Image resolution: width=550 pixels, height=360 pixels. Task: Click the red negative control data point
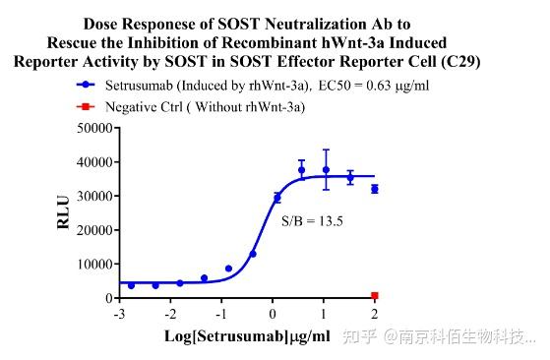pyautogui.click(x=374, y=295)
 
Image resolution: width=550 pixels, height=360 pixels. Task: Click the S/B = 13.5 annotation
pyautogui.click(x=314, y=221)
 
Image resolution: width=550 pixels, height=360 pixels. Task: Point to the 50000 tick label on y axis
pyautogui.click(x=86, y=128)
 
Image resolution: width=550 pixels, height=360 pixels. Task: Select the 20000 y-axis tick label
pyautogui.click(x=86, y=229)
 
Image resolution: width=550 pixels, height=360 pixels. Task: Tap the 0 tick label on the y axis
pyautogui.click(x=102, y=297)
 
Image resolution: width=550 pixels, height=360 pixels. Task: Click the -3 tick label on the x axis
pyautogui.click(x=119, y=314)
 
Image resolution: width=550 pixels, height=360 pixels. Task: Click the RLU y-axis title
pyautogui.click(x=63, y=212)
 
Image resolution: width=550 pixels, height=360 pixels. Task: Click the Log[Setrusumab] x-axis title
pyautogui.click(x=247, y=337)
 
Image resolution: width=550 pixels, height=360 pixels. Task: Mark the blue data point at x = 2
pyautogui.click(x=374, y=189)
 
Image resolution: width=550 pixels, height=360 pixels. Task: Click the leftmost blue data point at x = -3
pyautogui.click(x=131, y=285)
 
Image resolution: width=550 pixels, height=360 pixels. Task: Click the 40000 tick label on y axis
pyautogui.click(x=86, y=161)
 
